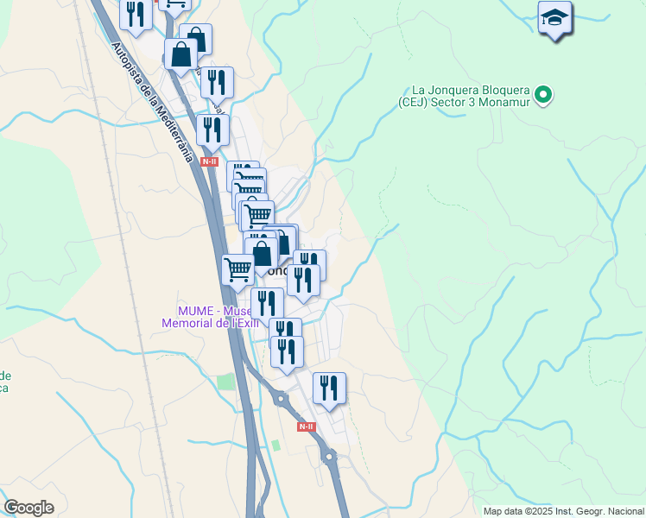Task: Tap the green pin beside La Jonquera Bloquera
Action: pyautogui.click(x=543, y=95)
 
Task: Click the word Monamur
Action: pyautogui.click(x=504, y=102)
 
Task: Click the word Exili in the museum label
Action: pyautogui.click(x=244, y=323)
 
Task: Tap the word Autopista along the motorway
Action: pyautogui.click(x=131, y=65)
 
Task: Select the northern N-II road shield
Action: pyautogui.click(x=210, y=161)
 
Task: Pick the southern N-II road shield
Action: pyautogui.click(x=306, y=426)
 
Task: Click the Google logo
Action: pyautogui.click(x=29, y=507)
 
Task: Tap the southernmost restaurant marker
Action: pyautogui.click(x=329, y=388)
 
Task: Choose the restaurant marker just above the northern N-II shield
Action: pyautogui.click(x=212, y=129)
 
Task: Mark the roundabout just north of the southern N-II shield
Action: pyautogui.click(x=281, y=398)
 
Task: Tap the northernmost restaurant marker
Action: pyautogui.click(x=136, y=13)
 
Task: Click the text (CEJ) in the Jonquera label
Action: pyautogui.click(x=415, y=102)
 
